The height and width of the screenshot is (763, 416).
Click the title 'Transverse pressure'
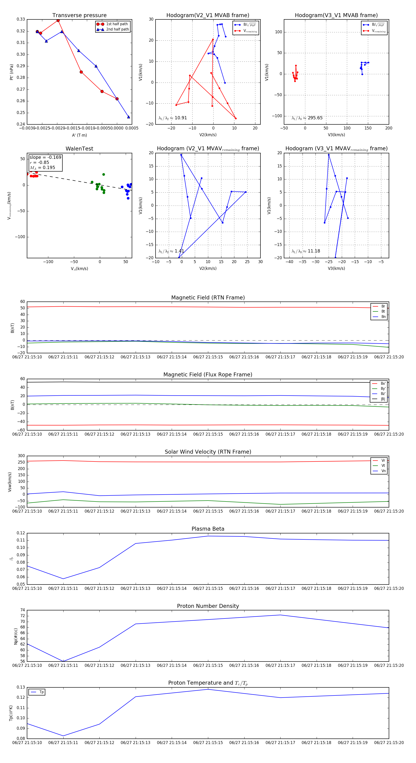pyautogui.click(x=79, y=15)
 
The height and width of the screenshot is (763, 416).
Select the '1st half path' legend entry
pyautogui.click(x=117, y=24)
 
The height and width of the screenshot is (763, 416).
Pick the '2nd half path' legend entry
pyautogui.click(x=117, y=29)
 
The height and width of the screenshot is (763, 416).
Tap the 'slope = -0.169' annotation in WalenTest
pyautogui.click(x=45, y=157)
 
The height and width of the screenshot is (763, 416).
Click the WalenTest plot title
pyautogui.click(x=79, y=149)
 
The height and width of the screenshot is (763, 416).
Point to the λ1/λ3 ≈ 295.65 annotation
pyautogui.click(x=307, y=118)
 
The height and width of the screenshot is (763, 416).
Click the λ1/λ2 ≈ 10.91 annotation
pyautogui.click(x=173, y=118)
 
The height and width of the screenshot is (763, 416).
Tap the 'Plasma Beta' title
pyautogui.click(x=208, y=529)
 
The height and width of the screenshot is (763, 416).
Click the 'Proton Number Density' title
pyautogui.click(x=208, y=606)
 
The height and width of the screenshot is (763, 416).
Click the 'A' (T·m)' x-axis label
pyautogui.click(x=79, y=135)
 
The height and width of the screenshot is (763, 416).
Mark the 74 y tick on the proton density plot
pyautogui.click(x=22, y=610)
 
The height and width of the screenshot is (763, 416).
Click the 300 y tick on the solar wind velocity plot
pyautogui.click(x=21, y=456)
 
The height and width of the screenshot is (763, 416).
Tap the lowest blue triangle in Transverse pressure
pyautogui.click(x=128, y=117)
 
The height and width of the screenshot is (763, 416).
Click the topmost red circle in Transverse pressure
pyautogui.click(x=58, y=20)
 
